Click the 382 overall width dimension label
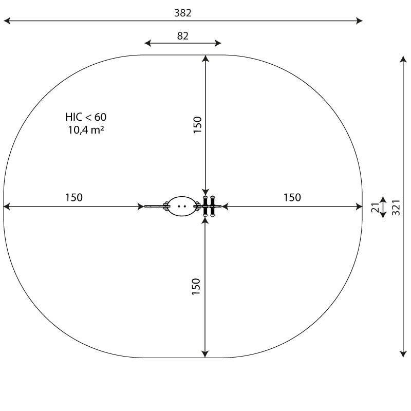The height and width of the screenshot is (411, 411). click(183, 13)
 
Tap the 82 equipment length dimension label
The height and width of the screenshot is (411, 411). click(183, 36)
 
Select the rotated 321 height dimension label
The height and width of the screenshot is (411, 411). click(396, 208)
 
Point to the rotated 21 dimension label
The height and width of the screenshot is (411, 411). click(376, 208)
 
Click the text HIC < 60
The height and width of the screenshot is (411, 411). click(86, 117)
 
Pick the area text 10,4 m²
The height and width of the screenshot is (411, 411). click(86, 130)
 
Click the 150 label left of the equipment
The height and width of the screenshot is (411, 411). click(74, 197)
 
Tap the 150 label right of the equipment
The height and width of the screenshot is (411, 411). click(292, 197)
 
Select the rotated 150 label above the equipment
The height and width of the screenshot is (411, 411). click(197, 125)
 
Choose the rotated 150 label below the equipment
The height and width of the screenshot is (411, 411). click(196, 287)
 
